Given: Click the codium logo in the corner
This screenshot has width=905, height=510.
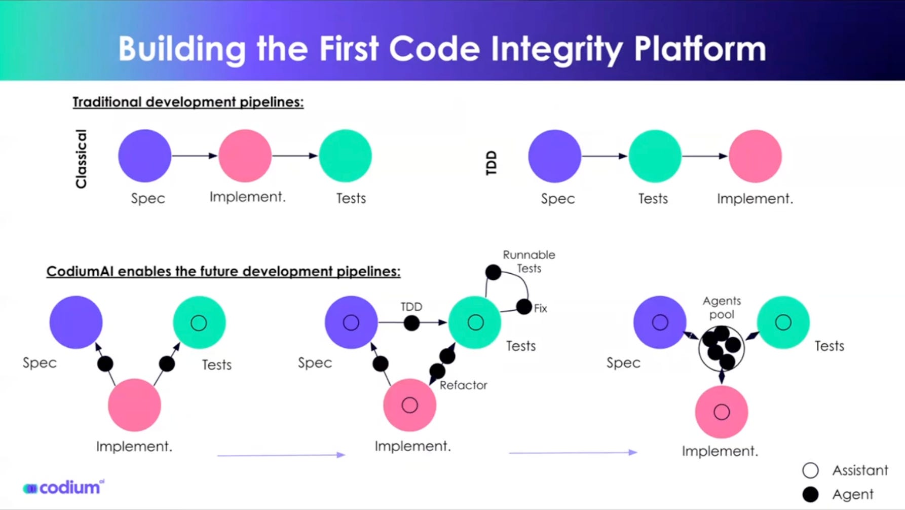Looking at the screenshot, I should tap(64, 488).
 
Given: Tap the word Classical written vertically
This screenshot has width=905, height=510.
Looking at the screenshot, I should tap(81, 159).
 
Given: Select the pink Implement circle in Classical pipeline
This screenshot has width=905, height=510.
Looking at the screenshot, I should tap(245, 156).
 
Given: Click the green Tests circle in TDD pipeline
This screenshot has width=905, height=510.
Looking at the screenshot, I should tap(655, 156).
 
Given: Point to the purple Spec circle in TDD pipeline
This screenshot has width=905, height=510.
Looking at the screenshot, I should tap(554, 156).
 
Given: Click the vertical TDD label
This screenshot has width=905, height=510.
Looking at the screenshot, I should tap(491, 163).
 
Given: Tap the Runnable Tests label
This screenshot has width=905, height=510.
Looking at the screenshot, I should tap(529, 261).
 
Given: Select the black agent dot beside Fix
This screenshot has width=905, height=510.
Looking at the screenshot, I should tap(524, 306).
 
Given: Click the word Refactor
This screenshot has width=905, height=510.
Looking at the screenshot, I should tap(463, 385).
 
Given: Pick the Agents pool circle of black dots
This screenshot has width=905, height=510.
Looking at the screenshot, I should tap(722, 348).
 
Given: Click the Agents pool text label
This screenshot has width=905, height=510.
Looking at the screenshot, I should tap(722, 308).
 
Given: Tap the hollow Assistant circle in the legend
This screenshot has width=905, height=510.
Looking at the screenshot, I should tap(810, 470).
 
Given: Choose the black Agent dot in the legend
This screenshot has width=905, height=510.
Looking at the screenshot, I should tap(810, 494).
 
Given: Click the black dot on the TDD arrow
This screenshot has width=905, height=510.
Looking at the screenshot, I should tap(411, 322).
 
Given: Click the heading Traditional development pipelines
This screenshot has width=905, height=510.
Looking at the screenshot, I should tap(188, 102).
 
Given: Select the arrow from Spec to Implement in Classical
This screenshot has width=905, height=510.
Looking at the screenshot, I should tap(195, 156).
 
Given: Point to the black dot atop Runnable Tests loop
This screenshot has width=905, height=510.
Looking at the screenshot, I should tap(493, 272).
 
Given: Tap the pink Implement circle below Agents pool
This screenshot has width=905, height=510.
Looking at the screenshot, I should tap(721, 412).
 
